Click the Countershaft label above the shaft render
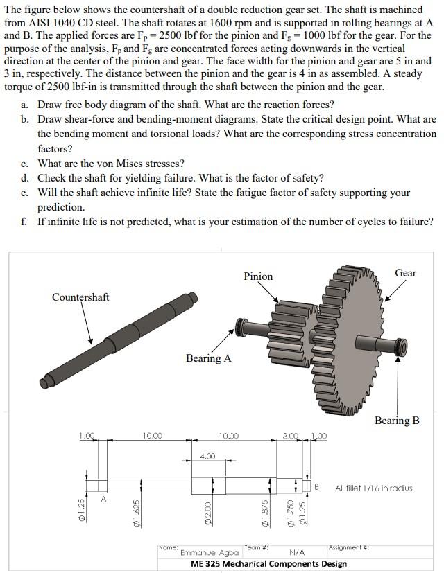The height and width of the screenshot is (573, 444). (x=80, y=297)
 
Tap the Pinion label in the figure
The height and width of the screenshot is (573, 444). (x=258, y=276)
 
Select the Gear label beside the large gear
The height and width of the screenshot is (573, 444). (x=405, y=272)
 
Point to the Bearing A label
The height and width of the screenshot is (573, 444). (x=208, y=358)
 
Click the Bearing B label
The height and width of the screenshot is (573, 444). (x=397, y=421)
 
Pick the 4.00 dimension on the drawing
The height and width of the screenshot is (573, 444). (x=207, y=456)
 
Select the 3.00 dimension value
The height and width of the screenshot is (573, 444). (x=289, y=436)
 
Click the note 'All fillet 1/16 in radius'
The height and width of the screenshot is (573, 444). (x=373, y=488)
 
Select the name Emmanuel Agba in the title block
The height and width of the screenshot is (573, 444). (x=210, y=553)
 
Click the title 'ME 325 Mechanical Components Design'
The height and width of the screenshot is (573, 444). (x=268, y=564)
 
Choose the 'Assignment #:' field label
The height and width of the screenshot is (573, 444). (x=348, y=547)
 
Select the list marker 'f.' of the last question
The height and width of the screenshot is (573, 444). (x=24, y=222)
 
